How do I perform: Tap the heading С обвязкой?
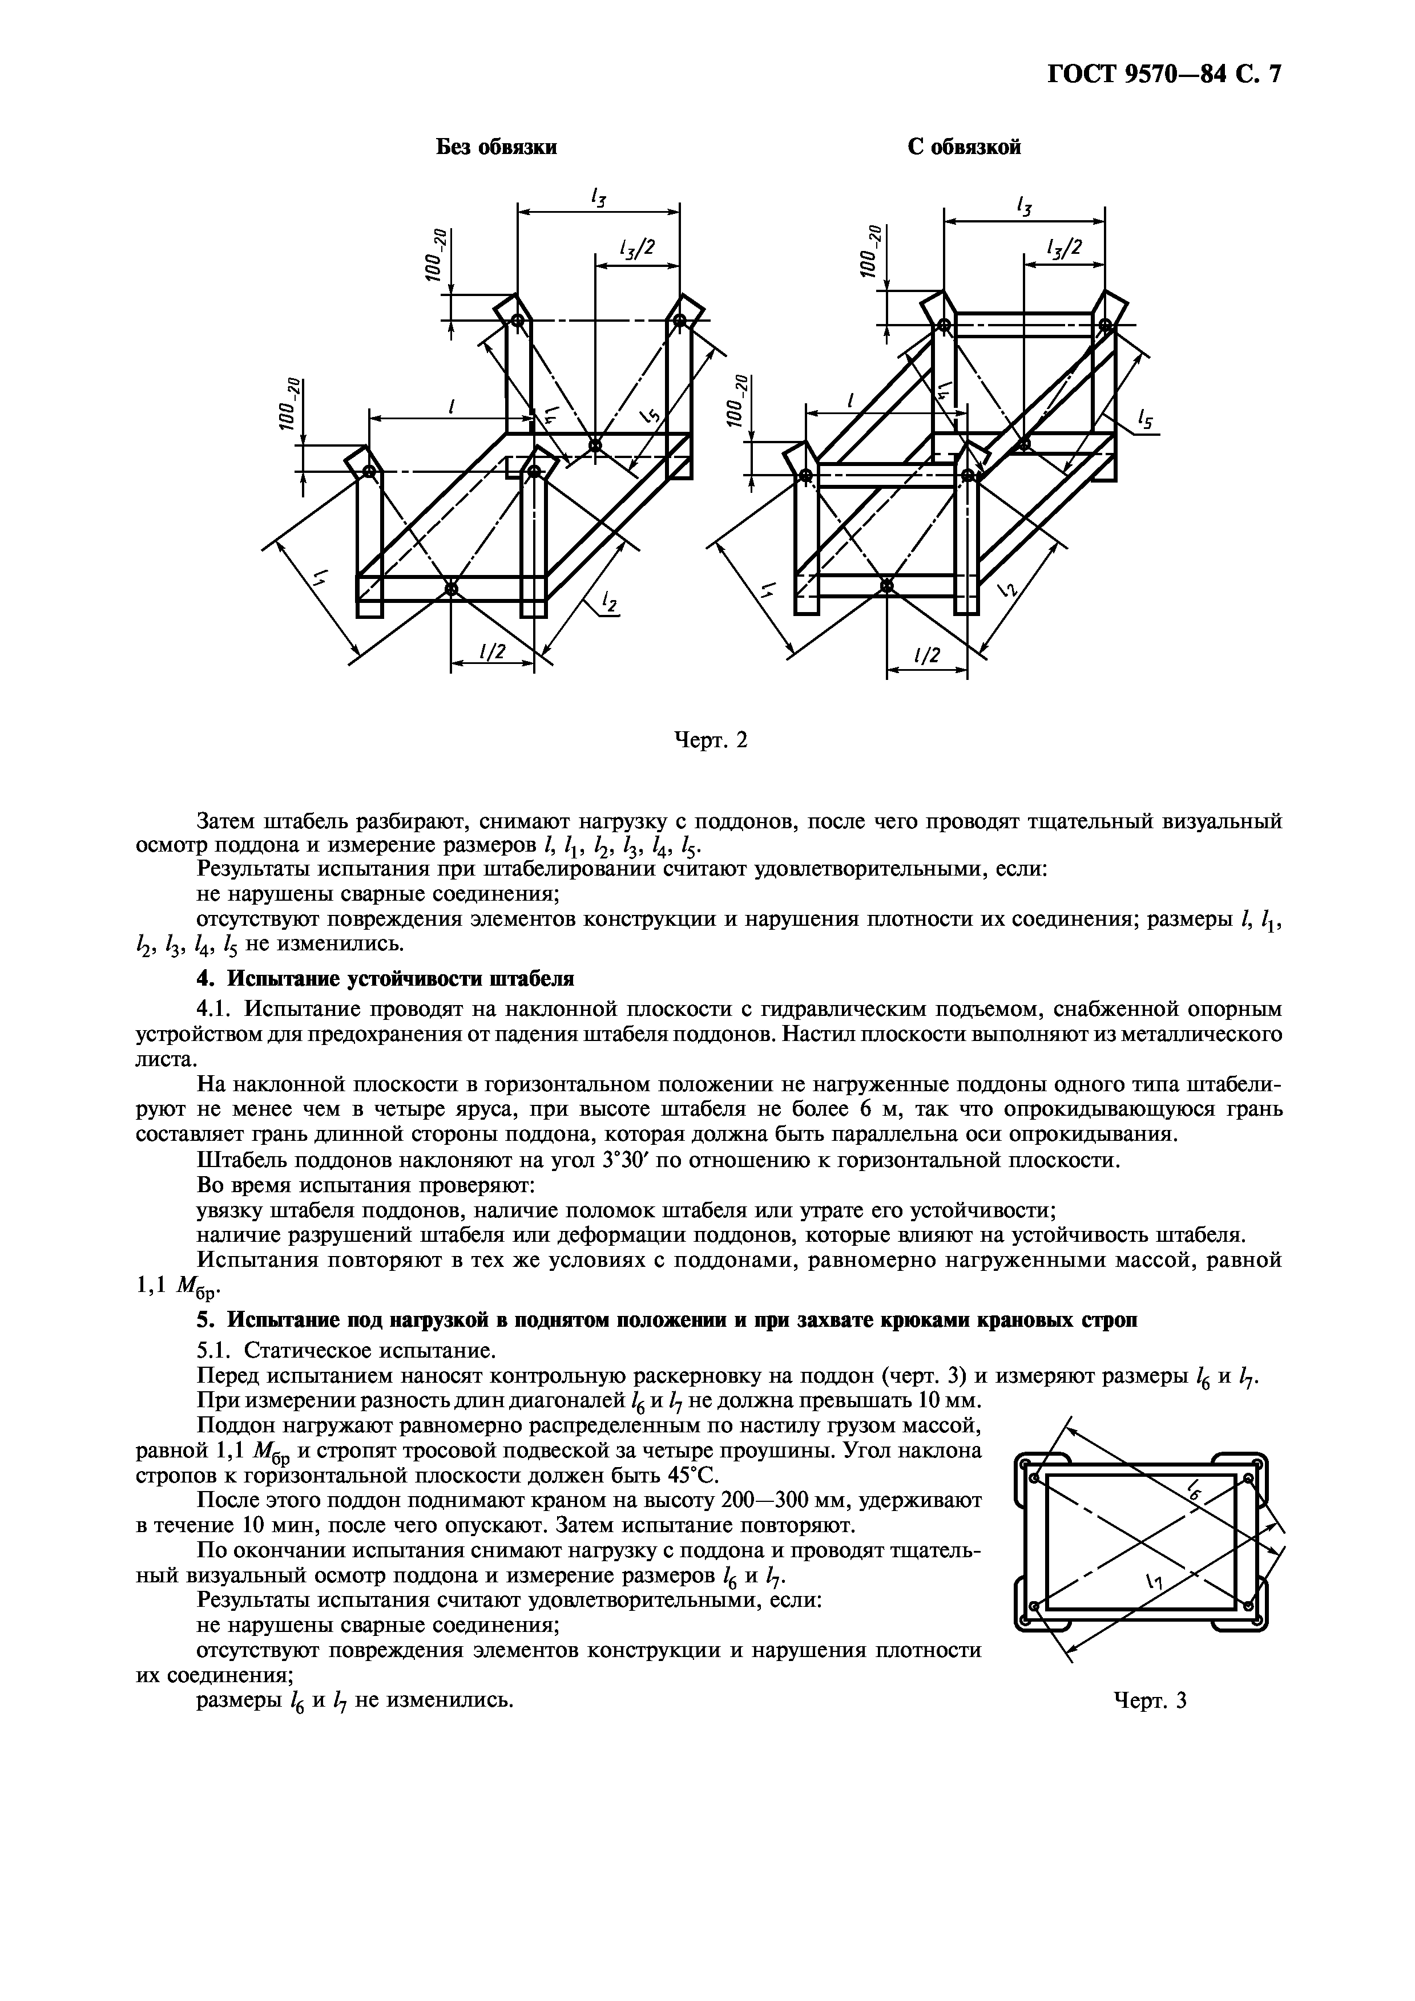tap(964, 147)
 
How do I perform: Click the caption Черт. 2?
tap(712, 740)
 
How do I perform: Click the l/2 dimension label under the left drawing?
tap(493, 652)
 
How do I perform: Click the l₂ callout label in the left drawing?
tap(608, 601)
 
